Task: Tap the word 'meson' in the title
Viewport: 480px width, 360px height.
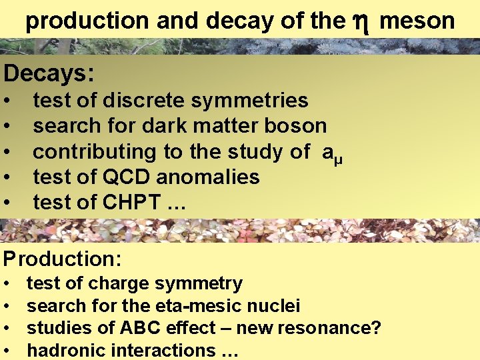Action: (417, 21)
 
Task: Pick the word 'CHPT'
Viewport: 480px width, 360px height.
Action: (128, 203)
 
